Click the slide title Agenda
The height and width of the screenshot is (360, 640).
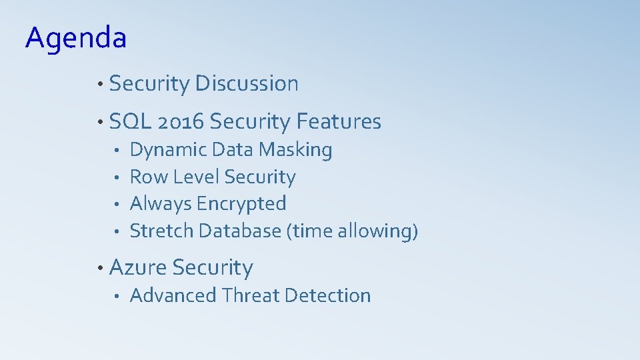[75, 38]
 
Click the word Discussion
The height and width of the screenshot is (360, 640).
[247, 84]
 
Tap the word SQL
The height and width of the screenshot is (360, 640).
[130, 122]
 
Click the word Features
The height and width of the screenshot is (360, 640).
[339, 122]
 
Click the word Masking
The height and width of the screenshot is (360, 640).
[295, 150]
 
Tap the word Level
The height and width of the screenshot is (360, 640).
[196, 177]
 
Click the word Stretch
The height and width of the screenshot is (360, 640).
[161, 231]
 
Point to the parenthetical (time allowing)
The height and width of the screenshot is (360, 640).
[352, 231]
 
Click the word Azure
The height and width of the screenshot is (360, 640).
[137, 267]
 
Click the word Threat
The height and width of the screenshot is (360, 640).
[255, 295]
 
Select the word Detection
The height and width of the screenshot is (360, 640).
[331, 295]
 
